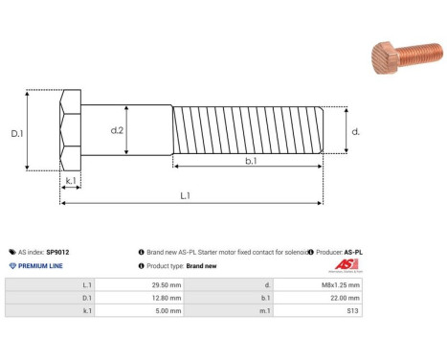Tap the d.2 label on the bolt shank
(x=118, y=129)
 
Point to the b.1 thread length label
(x=251, y=162)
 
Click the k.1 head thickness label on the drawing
(x=71, y=180)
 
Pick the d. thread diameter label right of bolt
(x=355, y=132)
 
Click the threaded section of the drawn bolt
(x=249, y=131)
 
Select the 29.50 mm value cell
(x=141, y=284)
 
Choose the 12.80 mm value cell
(x=141, y=299)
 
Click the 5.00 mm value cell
(x=141, y=312)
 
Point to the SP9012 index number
(x=64, y=252)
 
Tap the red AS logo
(x=346, y=265)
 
